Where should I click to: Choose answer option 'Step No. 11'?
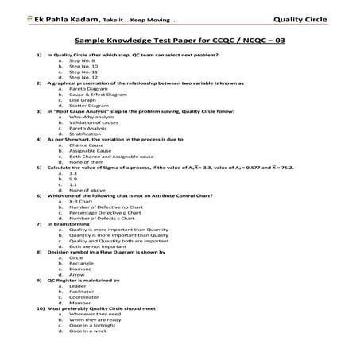tap(83, 72)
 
